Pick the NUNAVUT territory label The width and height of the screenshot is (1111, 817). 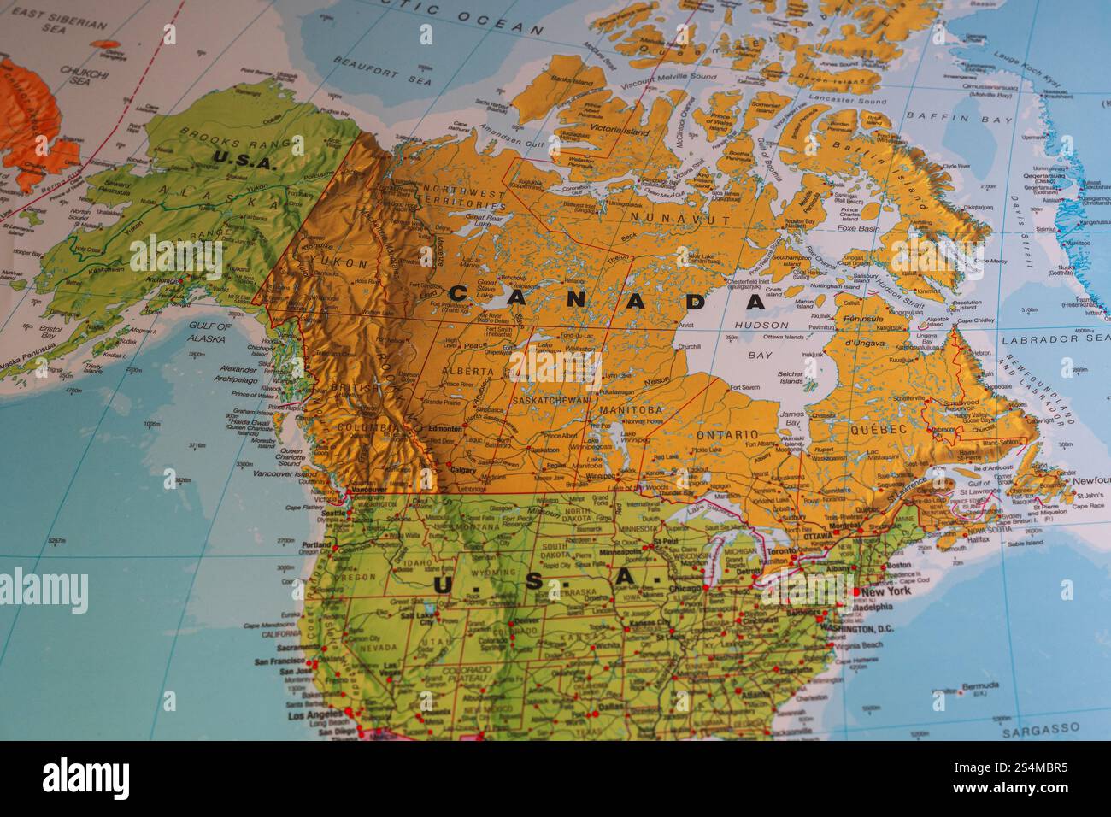click(x=689, y=220)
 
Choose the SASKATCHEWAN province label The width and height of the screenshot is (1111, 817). click(x=551, y=400)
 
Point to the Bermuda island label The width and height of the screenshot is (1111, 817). click(x=979, y=686)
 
